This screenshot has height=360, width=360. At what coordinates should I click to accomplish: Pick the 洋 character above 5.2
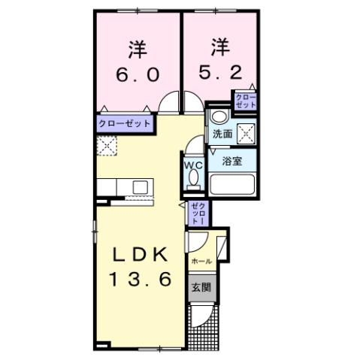pyautogui.click(x=219, y=49)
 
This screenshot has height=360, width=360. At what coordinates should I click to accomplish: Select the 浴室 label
pyautogui.click(x=231, y=160)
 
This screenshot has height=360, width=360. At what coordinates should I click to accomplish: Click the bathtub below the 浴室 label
pyautogui.click(x=231, y=185)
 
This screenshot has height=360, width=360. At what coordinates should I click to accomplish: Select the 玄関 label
pyautogui.click(x=199, y=287)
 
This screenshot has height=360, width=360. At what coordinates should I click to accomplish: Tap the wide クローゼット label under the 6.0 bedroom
pyautogui.click(x=125, y=123)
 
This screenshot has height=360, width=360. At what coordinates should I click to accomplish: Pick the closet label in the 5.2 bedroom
pyautogui.click(x=246, y=101)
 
